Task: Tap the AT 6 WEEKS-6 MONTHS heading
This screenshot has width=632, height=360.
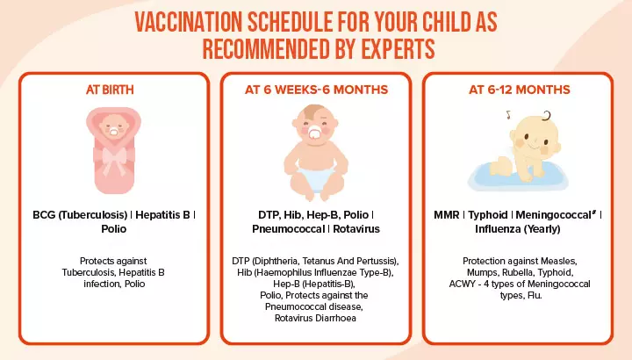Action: coord(315,90)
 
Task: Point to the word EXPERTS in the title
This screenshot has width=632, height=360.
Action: coord(382,47)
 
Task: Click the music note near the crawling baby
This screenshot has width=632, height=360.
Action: coord(507,114)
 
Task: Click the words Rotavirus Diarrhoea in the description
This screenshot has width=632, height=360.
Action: coord(316,317)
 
